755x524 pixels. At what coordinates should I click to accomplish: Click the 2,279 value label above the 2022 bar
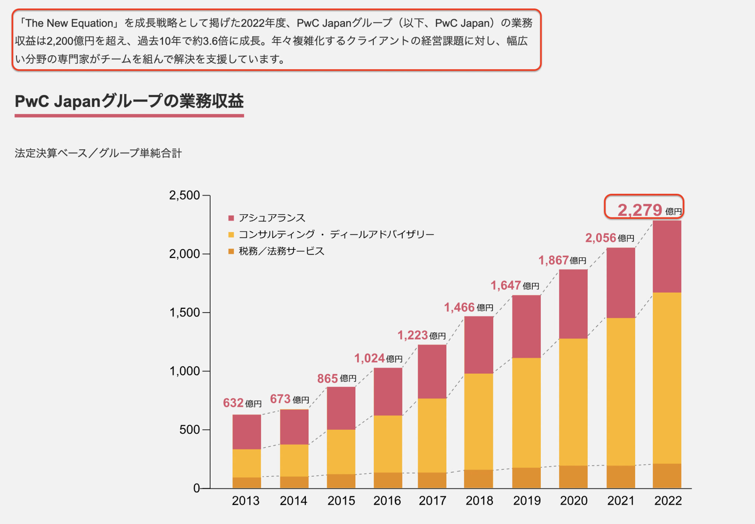[640, 210]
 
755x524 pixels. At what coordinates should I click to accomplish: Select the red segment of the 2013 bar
[247, 432]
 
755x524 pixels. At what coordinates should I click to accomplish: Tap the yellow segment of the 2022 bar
[667, 378]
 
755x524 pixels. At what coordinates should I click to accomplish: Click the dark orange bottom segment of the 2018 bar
[479, 479]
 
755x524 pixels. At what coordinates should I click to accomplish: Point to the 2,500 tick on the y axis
[184, 195]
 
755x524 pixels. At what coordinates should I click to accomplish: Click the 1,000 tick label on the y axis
[184, 371]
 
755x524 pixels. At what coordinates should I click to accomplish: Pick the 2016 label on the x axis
[387, 500]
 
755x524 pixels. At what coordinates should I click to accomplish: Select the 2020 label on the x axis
[574, 500]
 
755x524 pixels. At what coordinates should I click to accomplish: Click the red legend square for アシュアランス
[231, 218]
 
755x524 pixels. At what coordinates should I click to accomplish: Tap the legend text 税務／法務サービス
[282, 251]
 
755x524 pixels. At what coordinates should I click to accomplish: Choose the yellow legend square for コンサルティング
[231, 235]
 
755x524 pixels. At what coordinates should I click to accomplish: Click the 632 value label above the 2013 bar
[233, 403]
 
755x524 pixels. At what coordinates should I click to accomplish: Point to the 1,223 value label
[413, 335]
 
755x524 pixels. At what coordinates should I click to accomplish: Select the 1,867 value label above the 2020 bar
[554, 261]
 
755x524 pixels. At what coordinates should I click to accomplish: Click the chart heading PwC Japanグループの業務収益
[129, 101]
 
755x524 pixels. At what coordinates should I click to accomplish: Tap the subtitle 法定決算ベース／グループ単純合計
[98, 153]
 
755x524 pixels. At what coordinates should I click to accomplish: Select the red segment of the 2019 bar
[526, 326]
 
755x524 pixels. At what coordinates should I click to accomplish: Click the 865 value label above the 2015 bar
[327, 378]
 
